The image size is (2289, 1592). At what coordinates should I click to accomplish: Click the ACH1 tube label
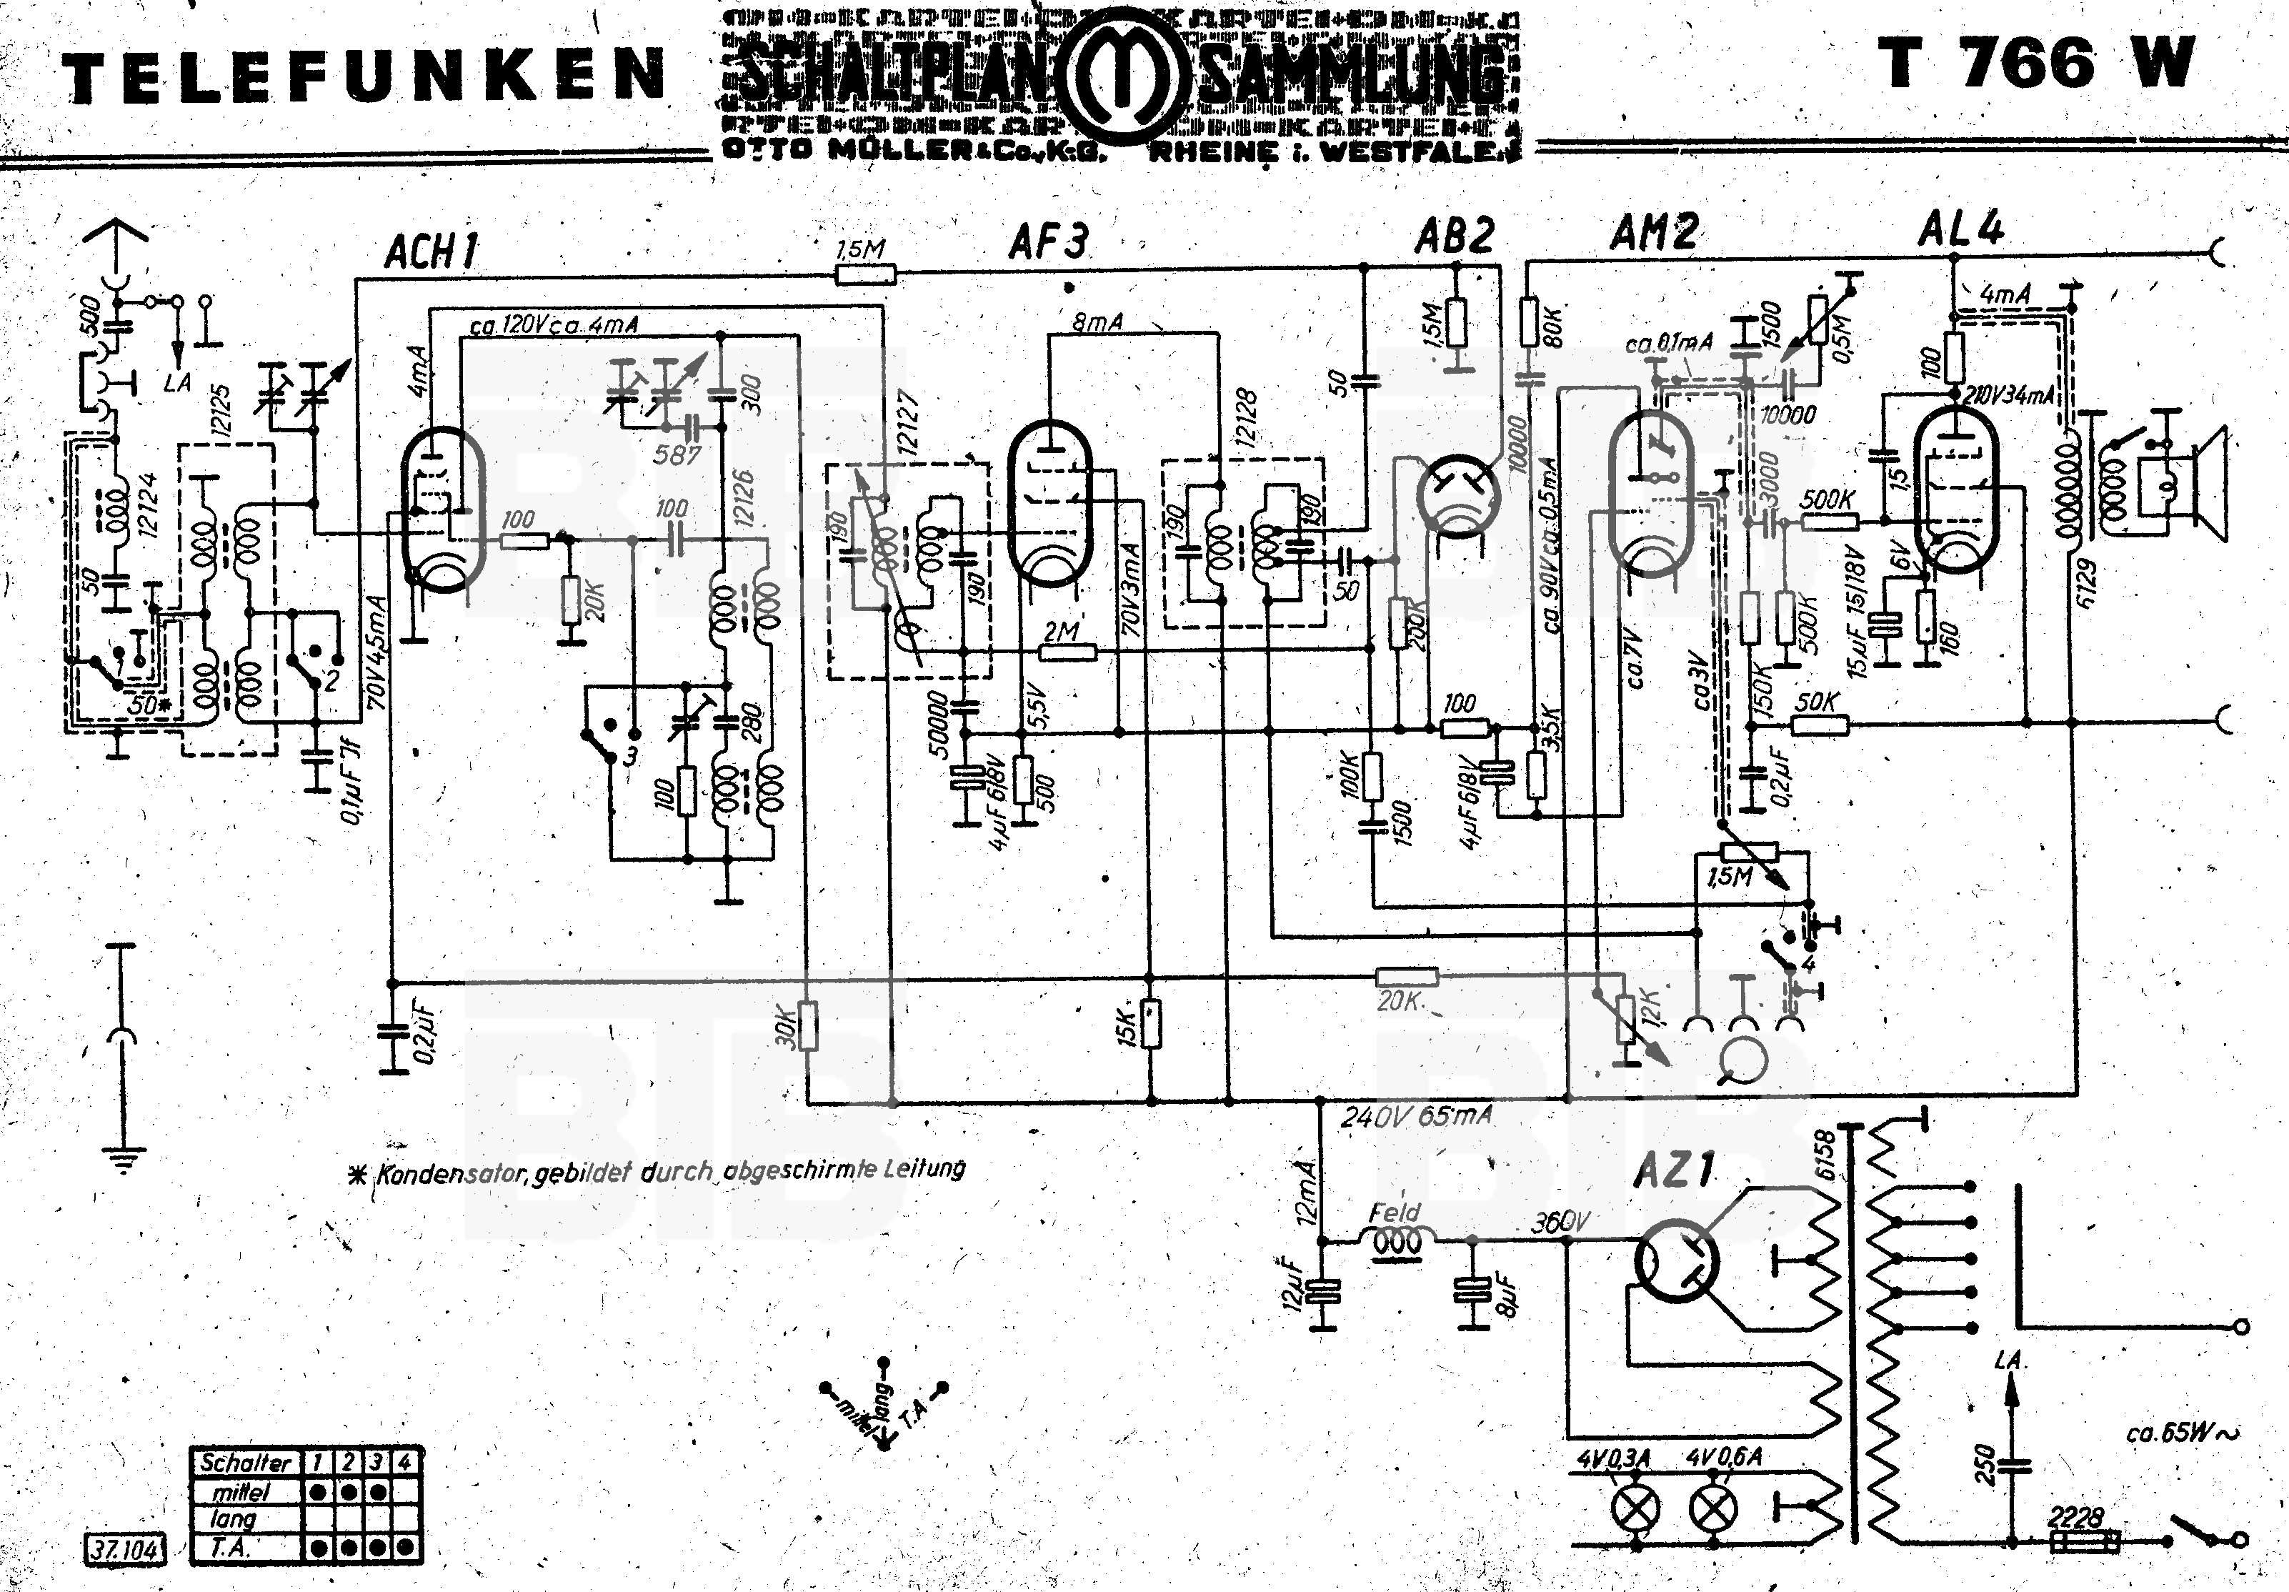point(431,252)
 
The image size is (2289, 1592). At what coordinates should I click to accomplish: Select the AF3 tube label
point(1049,242)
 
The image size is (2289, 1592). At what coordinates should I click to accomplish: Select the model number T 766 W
point(2037,65)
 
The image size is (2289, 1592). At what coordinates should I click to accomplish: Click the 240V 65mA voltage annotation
point(1416,1117)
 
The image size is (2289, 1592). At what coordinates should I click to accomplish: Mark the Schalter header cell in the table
point(245,1463)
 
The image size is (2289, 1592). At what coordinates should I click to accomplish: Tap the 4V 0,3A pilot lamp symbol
point(1636,1511)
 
